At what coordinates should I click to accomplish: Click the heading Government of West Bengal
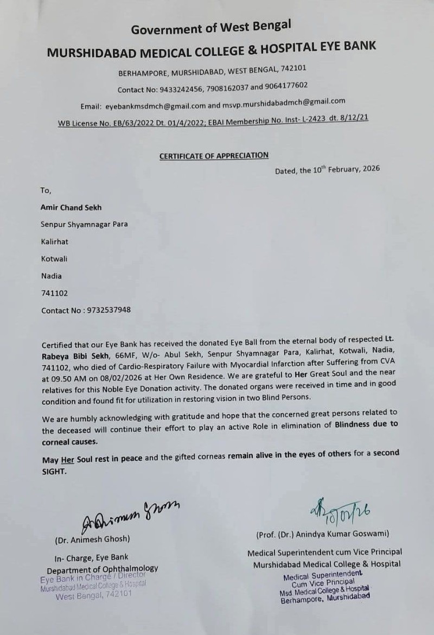(211, 27)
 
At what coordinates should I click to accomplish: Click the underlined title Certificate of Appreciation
(214, 156)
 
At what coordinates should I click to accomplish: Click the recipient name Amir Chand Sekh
(71, 207)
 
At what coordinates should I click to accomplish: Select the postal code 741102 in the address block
(55, 293)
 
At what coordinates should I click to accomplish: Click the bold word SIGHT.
(54, 472)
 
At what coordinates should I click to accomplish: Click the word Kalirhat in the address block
(55, 242)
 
